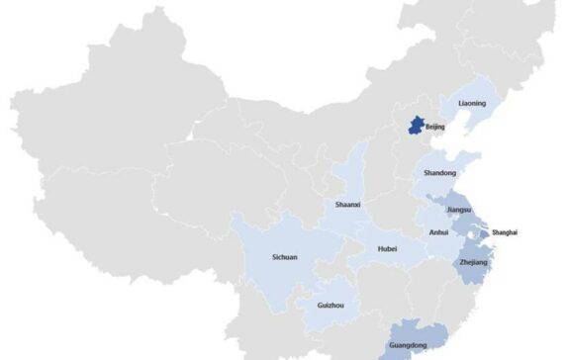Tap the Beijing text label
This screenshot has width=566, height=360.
(435, 128)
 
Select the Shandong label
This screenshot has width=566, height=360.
(440, 173)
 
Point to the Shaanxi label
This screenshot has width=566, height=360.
(348, 205)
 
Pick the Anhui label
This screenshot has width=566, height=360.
(438, 232)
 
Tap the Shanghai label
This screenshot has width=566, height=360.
(504, 232)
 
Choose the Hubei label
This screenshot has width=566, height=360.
(387, 248)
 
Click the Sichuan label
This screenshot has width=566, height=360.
(285, 257)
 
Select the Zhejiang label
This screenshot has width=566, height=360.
(475, 262)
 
